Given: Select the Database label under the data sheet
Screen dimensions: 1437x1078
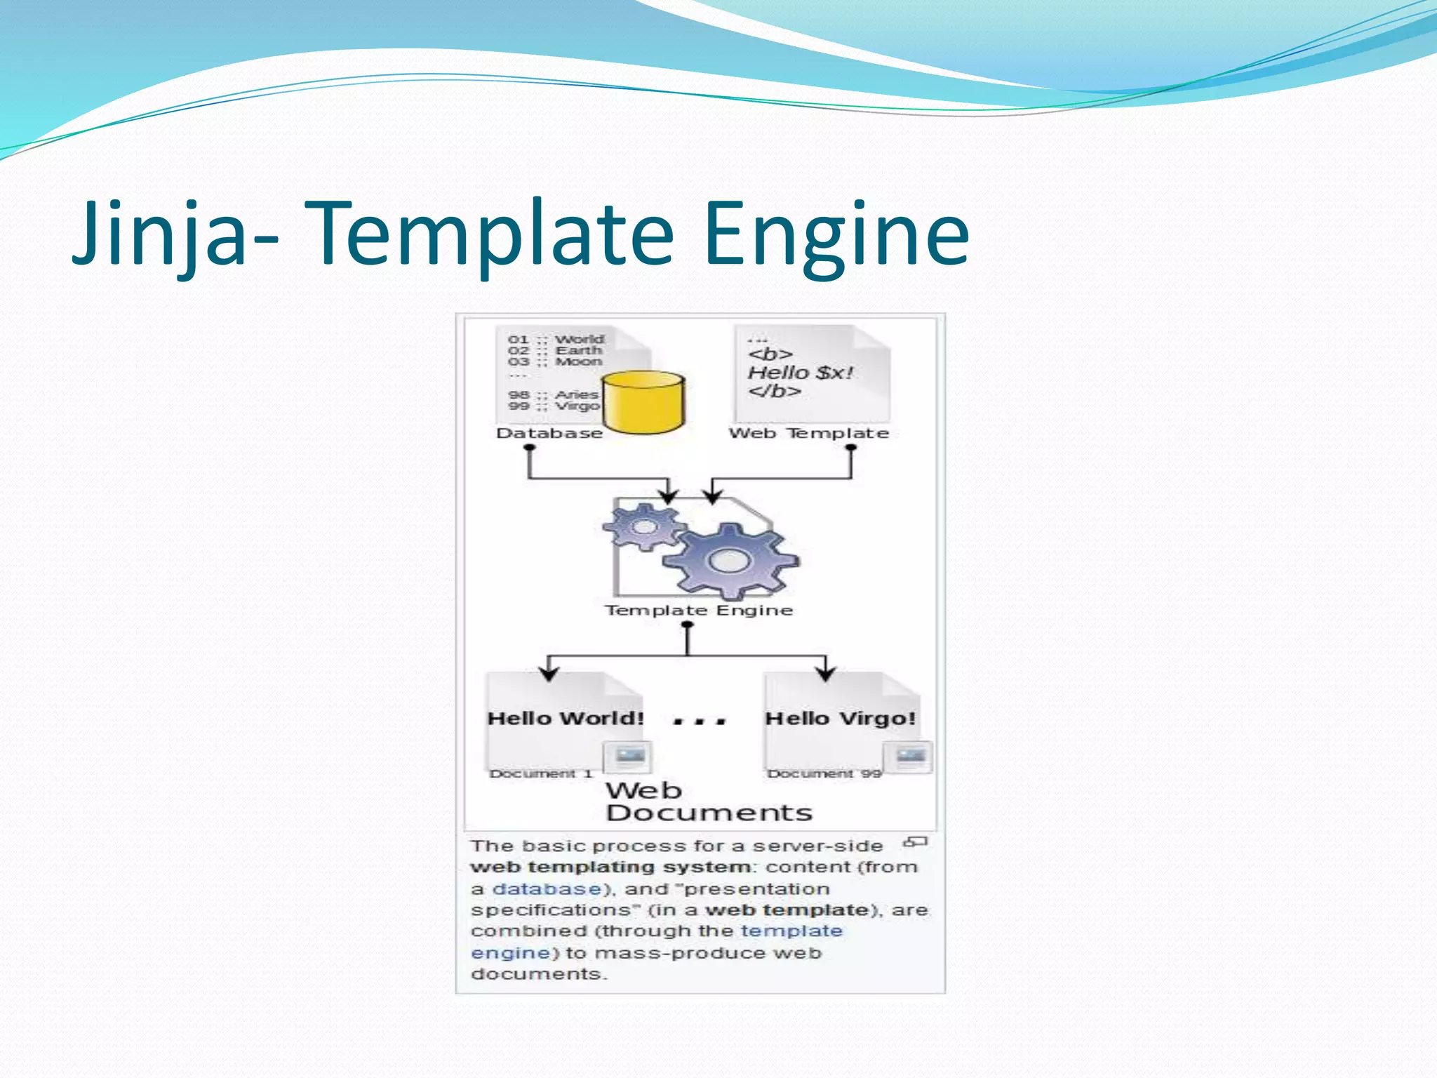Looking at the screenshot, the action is tap(549, 433).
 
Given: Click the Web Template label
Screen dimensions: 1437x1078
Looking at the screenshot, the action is tap(808, 433).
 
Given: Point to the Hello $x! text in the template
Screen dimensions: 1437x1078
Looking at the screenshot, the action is tap(800, 372).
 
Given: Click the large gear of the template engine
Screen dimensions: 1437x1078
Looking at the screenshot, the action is tap(730, 560).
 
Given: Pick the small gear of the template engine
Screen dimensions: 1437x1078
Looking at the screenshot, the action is tap(643, 526).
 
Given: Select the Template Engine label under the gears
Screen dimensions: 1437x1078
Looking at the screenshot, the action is tap(699, 611).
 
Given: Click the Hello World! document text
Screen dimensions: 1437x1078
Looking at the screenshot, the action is tap(566, 719).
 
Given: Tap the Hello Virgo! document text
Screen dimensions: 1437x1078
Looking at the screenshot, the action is tap(840, 719).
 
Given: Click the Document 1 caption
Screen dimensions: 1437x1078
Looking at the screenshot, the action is tap(541, 773).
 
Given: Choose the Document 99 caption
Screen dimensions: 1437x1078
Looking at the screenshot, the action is tap(824, 773).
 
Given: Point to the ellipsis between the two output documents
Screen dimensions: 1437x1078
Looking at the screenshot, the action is tap(699, 721).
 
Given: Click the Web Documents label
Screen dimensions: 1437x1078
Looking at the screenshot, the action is tap(709, 801).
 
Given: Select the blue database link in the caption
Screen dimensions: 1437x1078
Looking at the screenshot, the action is tap(547, 889).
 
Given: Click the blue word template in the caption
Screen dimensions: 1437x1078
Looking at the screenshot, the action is tap(791, 931).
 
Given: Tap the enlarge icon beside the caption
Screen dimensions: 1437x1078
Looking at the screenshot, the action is tap(916, 841).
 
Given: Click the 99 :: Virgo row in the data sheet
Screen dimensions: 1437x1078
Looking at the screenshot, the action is tap(554, 406).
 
